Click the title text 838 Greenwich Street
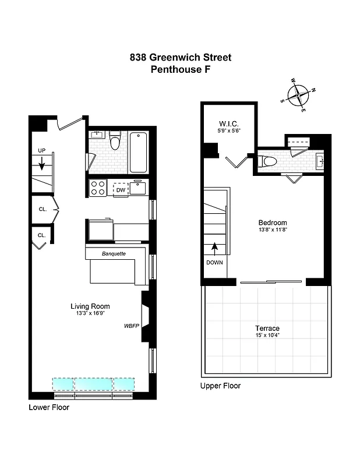point(180,57)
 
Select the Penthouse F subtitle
point(180,69)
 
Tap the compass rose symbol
point(299,93)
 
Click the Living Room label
point(90,306)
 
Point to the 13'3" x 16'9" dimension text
point(90,315)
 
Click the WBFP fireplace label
point(131,326)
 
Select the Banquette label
point(114,253)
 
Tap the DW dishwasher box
point(120,189)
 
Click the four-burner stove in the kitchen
point(98,188)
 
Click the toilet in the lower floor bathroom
point(115,142)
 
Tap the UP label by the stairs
point(41,150)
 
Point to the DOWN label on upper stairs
point(214,262)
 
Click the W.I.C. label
point(227,123)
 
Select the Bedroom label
point(273,223)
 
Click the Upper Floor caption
point(220,386)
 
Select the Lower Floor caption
point(49,407)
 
